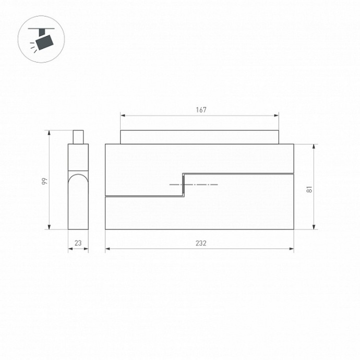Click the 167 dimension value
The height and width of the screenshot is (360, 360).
(x=201, y=110)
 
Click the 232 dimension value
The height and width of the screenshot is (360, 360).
(x=201, y=243)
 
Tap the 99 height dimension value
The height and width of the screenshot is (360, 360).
(x=45, y=181)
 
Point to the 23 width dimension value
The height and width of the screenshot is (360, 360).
(x=78, y=243)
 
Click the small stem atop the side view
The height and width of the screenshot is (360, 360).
(x=78, y=137)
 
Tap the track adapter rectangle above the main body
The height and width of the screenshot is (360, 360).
(x=199, y=137)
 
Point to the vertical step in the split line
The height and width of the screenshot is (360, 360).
(x=183, y=185)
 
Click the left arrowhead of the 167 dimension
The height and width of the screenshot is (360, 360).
(x=122, y=115)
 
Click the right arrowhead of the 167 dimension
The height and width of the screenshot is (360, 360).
(x=277, y=115)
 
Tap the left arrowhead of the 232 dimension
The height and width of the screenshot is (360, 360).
(x=107, y=249)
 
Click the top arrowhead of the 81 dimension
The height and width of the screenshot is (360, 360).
(x=315, y=146)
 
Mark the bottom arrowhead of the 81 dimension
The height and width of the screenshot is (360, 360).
(x=315, y=227)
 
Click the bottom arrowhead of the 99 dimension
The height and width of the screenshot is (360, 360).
(x=50, y=227)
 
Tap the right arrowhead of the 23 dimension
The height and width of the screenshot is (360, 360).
(x=87, y=249)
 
